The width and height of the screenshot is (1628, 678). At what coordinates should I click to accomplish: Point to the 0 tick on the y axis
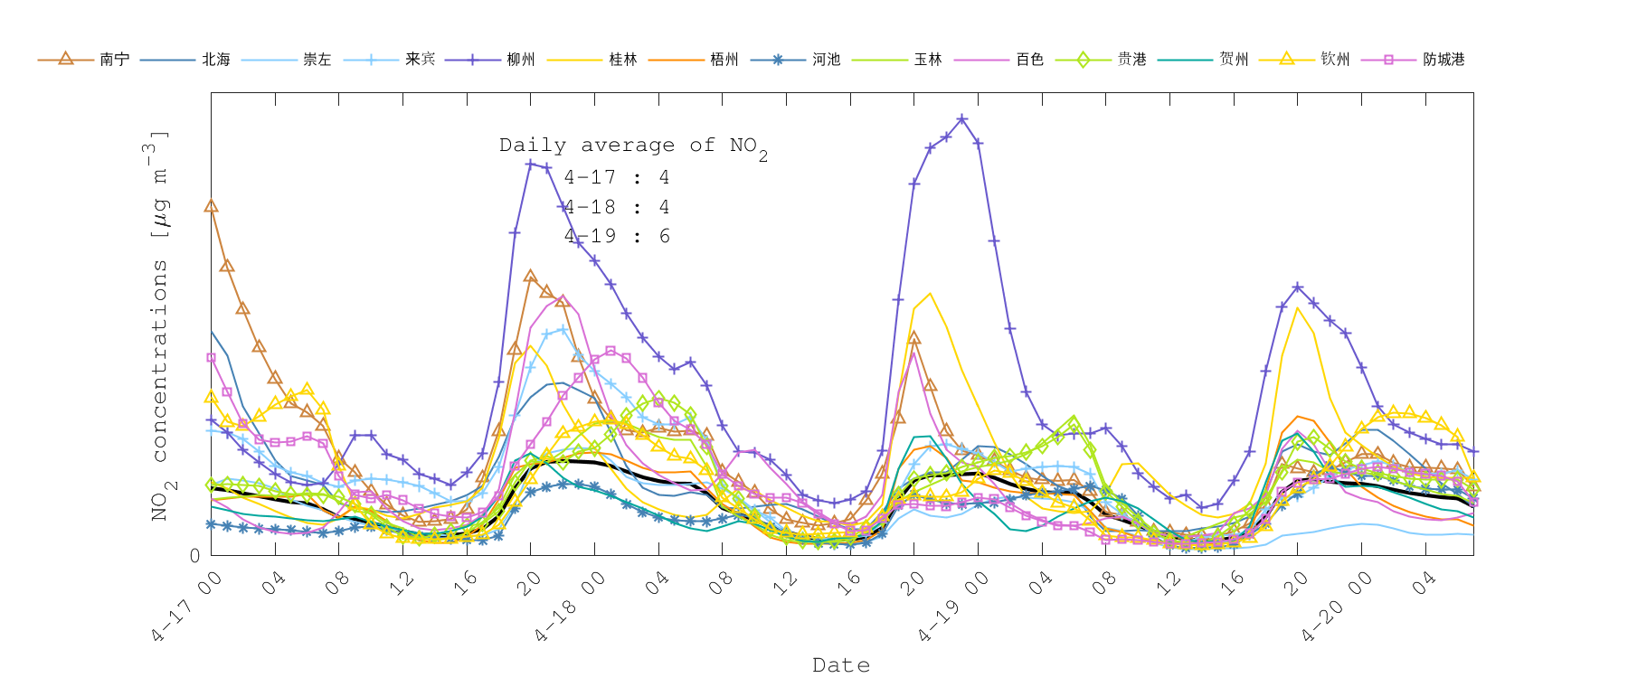(195, 555)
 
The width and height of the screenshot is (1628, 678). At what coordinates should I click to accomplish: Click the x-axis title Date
(841, 665)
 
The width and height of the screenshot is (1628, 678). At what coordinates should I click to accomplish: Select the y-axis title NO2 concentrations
(159, 325)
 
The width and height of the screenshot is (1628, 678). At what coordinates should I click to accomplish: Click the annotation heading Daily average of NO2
(632, 146)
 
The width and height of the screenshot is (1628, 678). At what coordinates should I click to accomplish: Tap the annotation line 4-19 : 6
(617, 236)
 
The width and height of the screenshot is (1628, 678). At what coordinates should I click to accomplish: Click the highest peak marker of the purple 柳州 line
(962, 119)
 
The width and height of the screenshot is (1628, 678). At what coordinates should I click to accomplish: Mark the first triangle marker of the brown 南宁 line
(211, 205)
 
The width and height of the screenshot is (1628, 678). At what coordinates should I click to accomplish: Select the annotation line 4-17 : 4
(617, 177)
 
